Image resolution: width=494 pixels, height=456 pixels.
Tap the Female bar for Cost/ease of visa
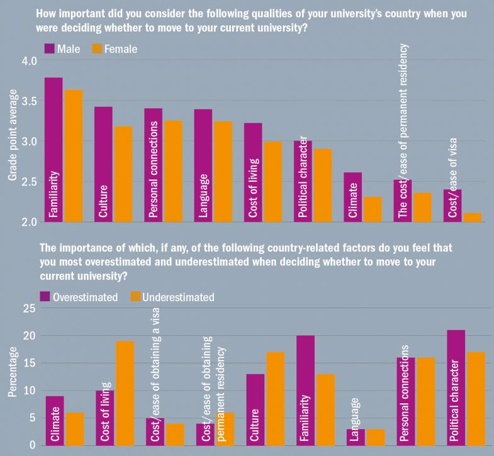[473, 218]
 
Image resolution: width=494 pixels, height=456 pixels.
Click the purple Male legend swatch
[50, 48]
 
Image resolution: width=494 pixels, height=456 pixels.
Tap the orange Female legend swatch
[98, 48]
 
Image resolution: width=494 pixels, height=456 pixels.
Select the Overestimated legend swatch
[46, 296]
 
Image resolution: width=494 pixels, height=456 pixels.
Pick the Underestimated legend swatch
[135, 296]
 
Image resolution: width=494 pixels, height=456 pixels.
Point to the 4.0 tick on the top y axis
[30, 61]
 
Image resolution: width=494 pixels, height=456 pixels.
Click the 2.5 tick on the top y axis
[30, 182]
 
